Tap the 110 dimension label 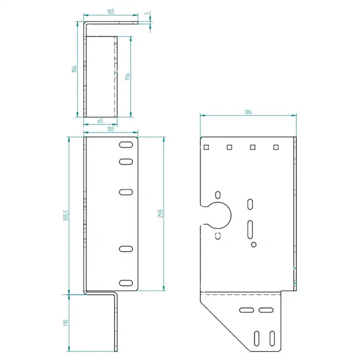65,323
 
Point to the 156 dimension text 127,76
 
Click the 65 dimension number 100,121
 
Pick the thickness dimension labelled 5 147,15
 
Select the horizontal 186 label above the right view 248,112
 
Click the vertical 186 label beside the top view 75,68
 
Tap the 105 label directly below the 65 110,130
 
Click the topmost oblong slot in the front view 125,145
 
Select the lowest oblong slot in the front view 125,282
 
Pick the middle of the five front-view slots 125,192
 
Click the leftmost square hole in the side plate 206,148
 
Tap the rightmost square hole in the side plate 276,148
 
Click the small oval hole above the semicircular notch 218,194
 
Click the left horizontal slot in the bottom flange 245,310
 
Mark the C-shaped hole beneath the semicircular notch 218,235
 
